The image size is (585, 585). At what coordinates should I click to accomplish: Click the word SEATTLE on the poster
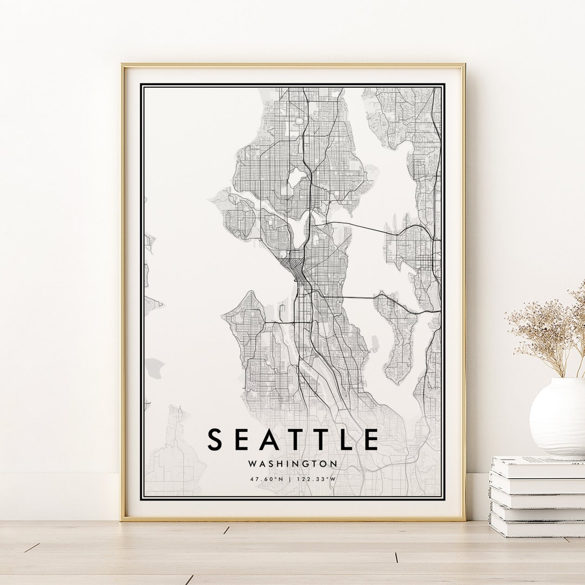tap(292, 439)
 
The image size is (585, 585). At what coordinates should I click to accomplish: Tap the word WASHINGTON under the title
tap(292, 464)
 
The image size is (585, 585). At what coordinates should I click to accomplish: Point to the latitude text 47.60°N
tap(266, 479)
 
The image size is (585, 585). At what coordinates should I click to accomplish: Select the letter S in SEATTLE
tap(215, 439)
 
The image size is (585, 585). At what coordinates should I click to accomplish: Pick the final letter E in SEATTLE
tap(371, 439)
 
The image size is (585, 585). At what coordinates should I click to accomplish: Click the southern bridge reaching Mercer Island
tap(357, 297)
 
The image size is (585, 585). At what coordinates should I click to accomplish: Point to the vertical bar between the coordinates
tap(292, 479)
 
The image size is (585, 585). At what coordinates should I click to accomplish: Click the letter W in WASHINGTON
tap(252, 464)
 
